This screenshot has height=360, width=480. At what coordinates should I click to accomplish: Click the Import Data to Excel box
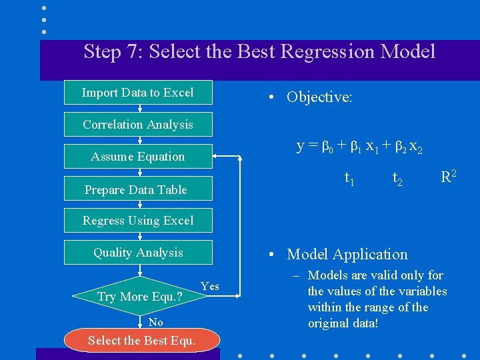pos(138,93)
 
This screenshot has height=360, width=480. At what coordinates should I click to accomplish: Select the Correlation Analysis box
pos(138,124)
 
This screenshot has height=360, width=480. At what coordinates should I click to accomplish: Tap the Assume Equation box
pos(138,157)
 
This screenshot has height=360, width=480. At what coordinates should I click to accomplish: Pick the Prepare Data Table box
pos(138,189)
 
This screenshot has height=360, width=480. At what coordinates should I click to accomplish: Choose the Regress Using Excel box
pos(138,220)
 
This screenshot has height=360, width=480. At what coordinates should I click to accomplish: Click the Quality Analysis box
pos(138,252)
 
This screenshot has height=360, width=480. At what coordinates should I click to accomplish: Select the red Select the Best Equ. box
pos(141,341)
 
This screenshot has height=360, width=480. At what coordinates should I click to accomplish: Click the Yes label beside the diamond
pos(209,286)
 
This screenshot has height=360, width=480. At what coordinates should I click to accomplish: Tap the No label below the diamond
pos(155,322)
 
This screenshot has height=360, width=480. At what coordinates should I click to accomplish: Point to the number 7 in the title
pos(134,51)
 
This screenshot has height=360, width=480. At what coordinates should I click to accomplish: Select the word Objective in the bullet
pos(317,97)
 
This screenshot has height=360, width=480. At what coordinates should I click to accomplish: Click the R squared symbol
pos(449,177)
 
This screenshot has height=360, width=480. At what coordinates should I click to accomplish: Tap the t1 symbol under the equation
pos(349,178)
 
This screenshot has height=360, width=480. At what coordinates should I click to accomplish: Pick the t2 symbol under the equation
pos(397,178)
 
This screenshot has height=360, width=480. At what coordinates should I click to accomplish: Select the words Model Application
pos(347,254)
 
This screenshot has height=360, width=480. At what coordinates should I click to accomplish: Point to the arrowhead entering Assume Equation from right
pos(217,157)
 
